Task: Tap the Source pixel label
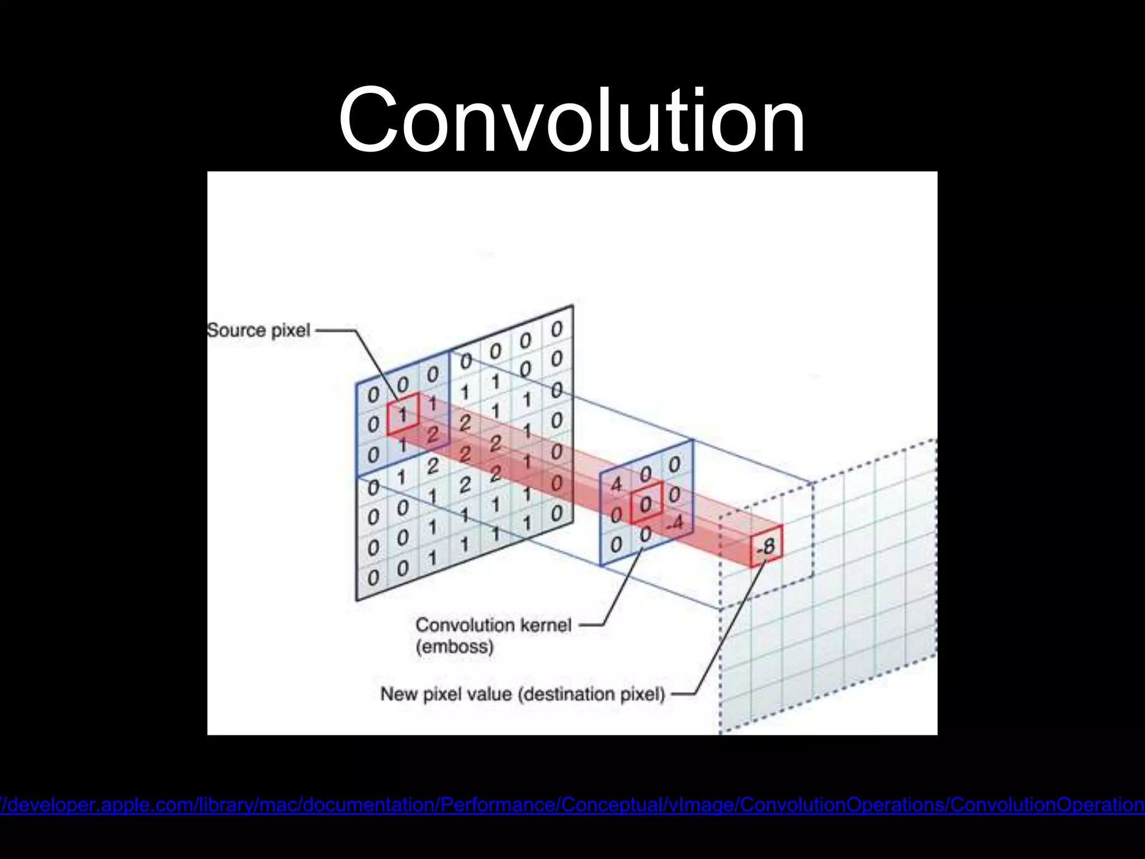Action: tap(258, 330)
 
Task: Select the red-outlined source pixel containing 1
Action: tap(403, 414)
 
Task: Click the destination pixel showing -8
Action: tap(766, 546)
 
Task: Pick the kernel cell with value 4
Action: tap(616, 484)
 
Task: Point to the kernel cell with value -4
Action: tap(675, 523)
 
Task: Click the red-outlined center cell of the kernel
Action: tap(646, 503)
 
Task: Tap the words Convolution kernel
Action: tap(493, 625)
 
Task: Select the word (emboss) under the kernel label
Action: tap(455, 647)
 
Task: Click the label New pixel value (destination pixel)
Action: tap(523, 694)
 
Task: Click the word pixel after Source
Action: tap(291, 330)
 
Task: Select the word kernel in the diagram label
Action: tap(546, 625)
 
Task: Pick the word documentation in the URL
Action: tap(370, 805)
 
